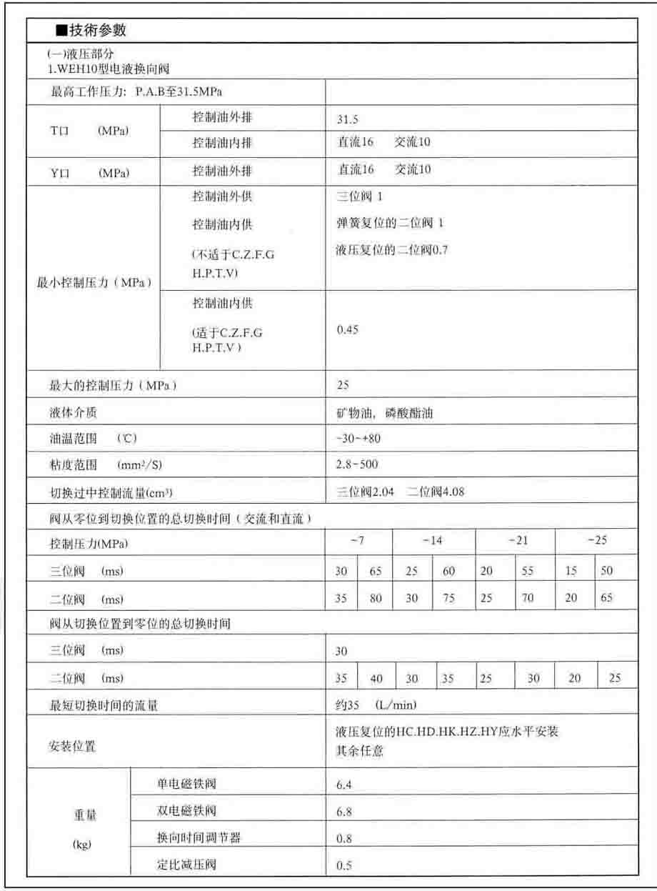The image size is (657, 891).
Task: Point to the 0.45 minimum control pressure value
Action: [x=347, y=329]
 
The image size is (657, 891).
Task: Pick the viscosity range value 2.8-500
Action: [x=356, y=464]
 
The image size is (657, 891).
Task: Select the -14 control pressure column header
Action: [x=432, y=541]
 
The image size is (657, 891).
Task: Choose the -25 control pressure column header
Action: [x=597, y=541]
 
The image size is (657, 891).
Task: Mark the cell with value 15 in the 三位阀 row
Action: [x=571, y=572]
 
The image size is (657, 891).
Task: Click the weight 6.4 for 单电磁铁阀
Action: [x=344, y=786]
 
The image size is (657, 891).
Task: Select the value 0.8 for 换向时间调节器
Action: [x=344, y=839]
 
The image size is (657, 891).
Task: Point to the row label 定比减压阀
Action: [x=186, y=865]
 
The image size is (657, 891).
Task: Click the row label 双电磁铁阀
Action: [x=186, y=811]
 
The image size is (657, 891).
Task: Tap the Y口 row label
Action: [x=89, y=171]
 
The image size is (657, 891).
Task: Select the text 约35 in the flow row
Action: [x=347, y=705]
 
